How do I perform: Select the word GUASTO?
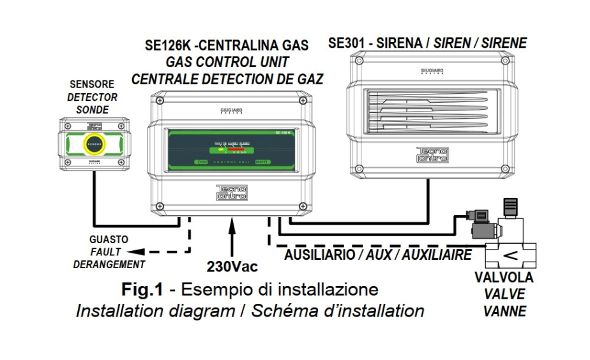(x=109, y=239)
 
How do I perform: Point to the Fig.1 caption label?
(x=144, y=289)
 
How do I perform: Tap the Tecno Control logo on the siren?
(x=432, y=154)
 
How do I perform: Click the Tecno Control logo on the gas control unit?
(x=231, y=193)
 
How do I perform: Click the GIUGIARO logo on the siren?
(x=433, y=71)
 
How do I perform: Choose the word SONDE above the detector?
(x=93, y=109)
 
